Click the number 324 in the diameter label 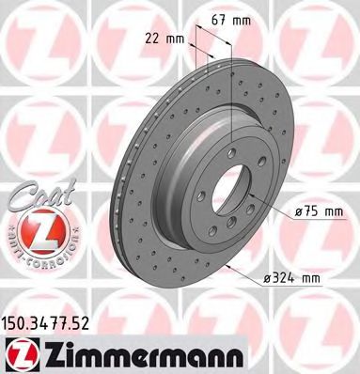tap(299, 278)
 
